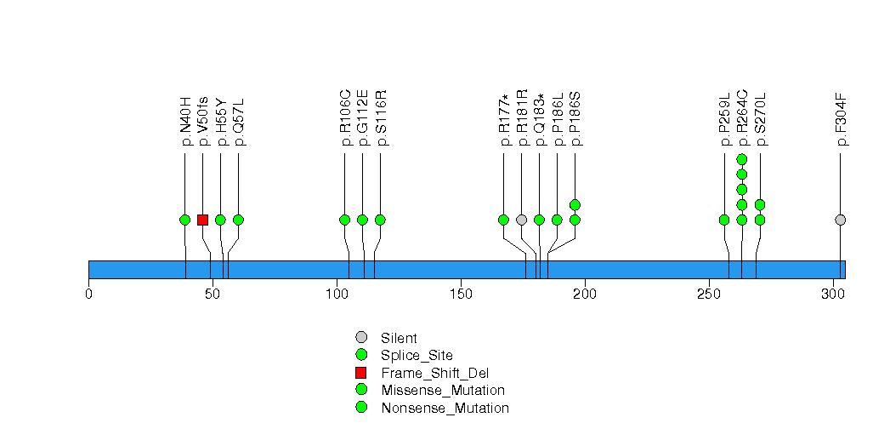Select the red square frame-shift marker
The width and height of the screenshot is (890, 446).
pyautogui.click(x=202, y=220)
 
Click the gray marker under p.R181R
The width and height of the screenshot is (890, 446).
pyautogui.click(x=521, y=220)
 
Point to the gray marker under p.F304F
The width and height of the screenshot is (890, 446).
pyautogui.click(x=841, y=220)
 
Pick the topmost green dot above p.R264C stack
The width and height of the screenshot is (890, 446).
pyautogui.click(x=741, y=159)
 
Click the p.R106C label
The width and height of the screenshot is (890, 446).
pyautogui.click(x=345, y=122)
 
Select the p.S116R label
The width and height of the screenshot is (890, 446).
pyautogui.click(x=381, y=122)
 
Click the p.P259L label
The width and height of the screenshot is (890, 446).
pyautogui.click(x=724, y=123)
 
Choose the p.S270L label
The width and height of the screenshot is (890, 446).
pyautogui.click(x=760, y=123)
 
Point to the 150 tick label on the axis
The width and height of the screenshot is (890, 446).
pyautogui.click(x=461, y=294)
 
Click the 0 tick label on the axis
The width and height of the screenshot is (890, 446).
pyautogui.click(x=88, y=294)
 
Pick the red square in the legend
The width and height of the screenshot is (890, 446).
pyautogui.click(x=361, y=373)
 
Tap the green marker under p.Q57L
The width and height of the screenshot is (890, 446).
pyautogui.click(x=238, y=220)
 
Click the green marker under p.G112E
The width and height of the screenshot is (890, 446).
pyautogui.click(x=362, y=220)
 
